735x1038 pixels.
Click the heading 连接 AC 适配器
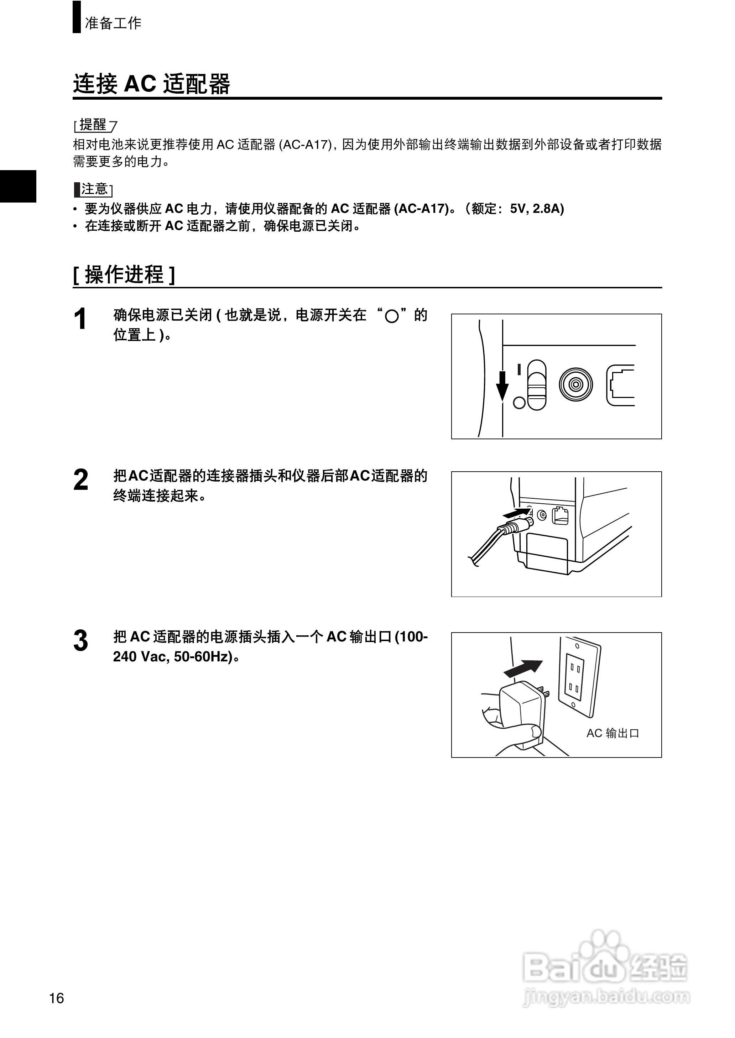[x=152, y=84]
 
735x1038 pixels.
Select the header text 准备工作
[x=113, y=23]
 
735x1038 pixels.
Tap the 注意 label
[x=94, y=189]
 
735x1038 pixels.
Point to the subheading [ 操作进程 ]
[x=124, y=274]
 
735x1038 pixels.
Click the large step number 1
[x=80, y=319]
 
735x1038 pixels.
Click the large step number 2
[x=80, y=480]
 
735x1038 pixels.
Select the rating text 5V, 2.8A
[x=536, y=209]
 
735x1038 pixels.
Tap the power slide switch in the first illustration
[x=537, y=385]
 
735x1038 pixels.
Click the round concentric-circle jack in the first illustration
[x=575, y=384]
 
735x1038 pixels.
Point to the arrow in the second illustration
[x=516, y=513]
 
